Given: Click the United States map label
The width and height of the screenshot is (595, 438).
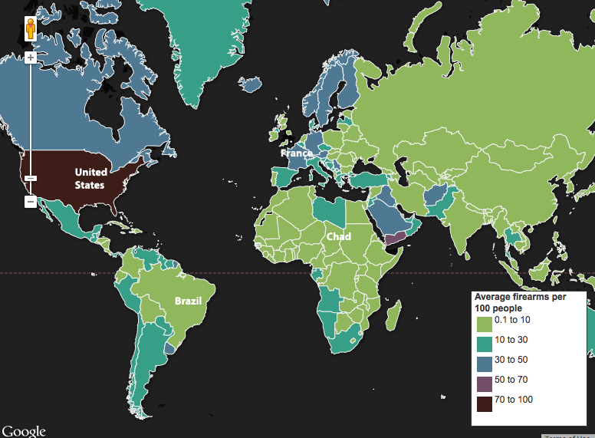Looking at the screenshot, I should coord(90,178).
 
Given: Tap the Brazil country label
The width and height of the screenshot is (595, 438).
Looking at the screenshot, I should coord(188,301).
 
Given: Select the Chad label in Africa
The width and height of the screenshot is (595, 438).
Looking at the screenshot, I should coord(338,236).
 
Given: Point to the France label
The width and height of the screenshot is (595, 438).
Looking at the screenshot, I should coord(296,153).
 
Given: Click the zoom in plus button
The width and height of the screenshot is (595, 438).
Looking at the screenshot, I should coord(31,58).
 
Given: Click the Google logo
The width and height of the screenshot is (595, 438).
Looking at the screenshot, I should coord(23,431).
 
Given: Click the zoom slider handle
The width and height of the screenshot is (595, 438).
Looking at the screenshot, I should coord(31,178).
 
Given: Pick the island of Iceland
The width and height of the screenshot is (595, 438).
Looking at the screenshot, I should coord(251,84).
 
